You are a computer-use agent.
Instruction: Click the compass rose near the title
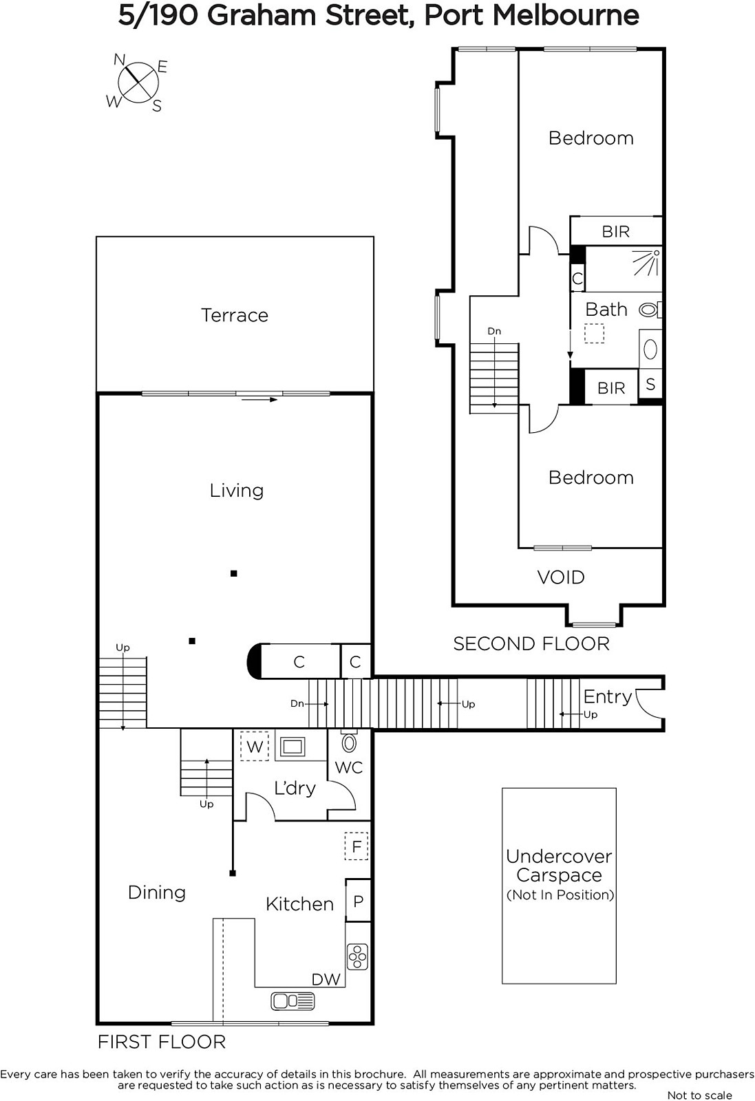138,82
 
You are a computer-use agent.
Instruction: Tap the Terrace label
235,315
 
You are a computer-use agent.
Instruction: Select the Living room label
237,491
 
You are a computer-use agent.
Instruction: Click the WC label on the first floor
348,767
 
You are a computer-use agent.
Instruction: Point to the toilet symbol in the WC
349,742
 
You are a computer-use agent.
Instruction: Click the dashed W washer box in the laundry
254,746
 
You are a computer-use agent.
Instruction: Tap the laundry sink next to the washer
293,747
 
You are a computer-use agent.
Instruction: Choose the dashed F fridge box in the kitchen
357,846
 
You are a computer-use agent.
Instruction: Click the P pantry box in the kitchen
358,901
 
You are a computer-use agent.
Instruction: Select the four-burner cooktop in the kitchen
357,956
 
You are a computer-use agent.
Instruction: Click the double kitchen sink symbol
293,1001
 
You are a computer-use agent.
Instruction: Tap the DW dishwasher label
326,979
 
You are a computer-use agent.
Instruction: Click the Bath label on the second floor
606,310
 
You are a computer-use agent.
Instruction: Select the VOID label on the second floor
561,577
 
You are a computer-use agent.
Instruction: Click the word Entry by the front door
608,697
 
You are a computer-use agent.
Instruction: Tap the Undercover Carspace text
560,866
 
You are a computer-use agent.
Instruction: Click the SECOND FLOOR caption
531,644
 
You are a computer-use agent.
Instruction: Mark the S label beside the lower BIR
650,384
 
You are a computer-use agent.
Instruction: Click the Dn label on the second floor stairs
494,331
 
